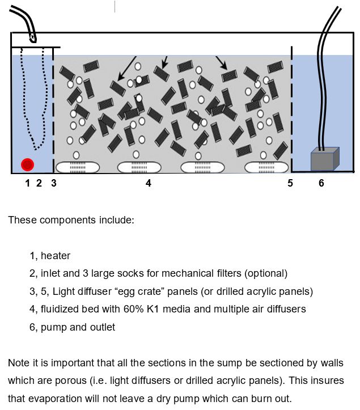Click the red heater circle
pyautogui.click(x=27, y=164)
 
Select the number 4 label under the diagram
pyautogui.click(x=149, y=183)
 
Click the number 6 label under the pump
pyautogui.click(x=321, y=183)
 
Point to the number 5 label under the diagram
pyautogui.click(x=290, y=183)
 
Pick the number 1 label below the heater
pyautogui.click(x=27, y=183)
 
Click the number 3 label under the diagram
pyautogui.click(x=54, y=183)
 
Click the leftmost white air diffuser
pyautogui.click(x=77, y=167)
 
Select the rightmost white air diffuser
pyautogui.click(x=266, y=167)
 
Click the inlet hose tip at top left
pyautogui.click(x=33, y=40)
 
